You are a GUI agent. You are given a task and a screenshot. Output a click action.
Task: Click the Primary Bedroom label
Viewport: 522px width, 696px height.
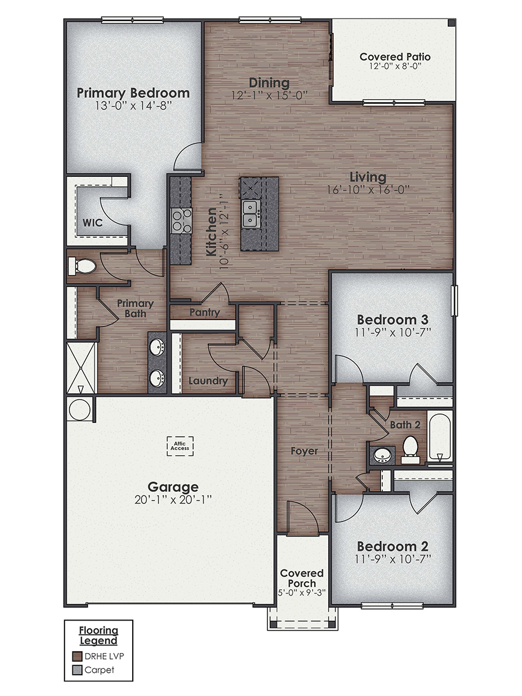point(133,93)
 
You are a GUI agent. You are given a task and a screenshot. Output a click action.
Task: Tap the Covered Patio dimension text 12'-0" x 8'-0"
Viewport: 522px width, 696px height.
point(394,67)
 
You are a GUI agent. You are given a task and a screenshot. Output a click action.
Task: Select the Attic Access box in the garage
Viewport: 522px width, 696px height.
point(180,446)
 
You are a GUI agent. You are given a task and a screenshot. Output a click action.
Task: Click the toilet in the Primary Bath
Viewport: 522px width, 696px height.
point(82,267)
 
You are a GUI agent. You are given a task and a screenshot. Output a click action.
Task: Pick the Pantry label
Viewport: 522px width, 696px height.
point(205,313)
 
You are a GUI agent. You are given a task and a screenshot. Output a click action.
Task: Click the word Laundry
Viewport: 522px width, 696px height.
point(208,381)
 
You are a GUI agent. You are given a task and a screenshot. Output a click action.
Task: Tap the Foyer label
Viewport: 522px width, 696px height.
point(305,450)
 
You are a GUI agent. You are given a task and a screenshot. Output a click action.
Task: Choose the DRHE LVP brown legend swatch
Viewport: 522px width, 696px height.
point(77,657)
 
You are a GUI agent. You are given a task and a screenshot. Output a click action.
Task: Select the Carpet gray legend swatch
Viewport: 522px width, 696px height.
point(77,670)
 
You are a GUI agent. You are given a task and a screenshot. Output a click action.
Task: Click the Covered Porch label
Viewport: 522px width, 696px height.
point(302,578)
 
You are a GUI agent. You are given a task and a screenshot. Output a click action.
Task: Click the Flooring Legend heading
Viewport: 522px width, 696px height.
point(99,635)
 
